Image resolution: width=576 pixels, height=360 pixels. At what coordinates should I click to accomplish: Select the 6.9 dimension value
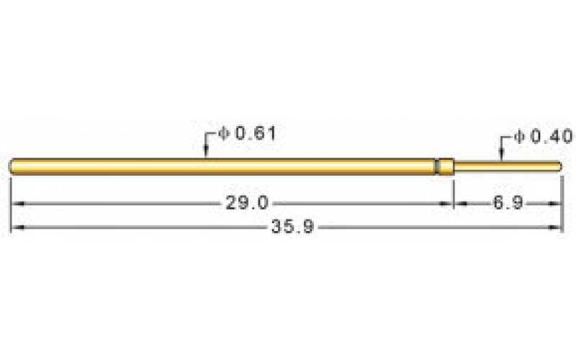coord(508,204)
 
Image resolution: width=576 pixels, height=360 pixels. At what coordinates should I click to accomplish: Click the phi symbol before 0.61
coord(223,134)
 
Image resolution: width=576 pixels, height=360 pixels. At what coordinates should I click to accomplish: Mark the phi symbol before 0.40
coord(522,136)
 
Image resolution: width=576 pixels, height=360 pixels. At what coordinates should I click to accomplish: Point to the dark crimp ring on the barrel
coord(436,166)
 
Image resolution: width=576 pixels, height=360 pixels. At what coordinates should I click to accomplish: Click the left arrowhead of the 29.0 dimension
coord(16,204)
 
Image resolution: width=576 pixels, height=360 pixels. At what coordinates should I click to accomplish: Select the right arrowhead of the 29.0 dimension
coord(447,204)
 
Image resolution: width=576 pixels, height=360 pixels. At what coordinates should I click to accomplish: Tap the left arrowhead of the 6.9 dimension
coord(459,204)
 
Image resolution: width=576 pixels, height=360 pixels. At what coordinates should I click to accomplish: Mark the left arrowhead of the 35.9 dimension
coord(16,228)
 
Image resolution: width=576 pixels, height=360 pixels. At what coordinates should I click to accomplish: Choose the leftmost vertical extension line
coord(11,205)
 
